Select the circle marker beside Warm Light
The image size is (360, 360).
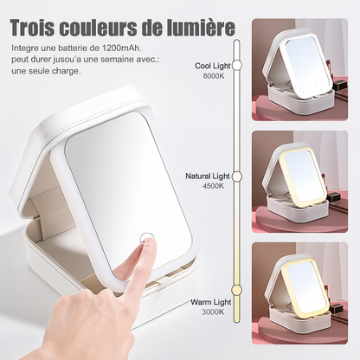(x=235, y=302)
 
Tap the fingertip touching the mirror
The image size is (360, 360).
(x=147, y=248)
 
